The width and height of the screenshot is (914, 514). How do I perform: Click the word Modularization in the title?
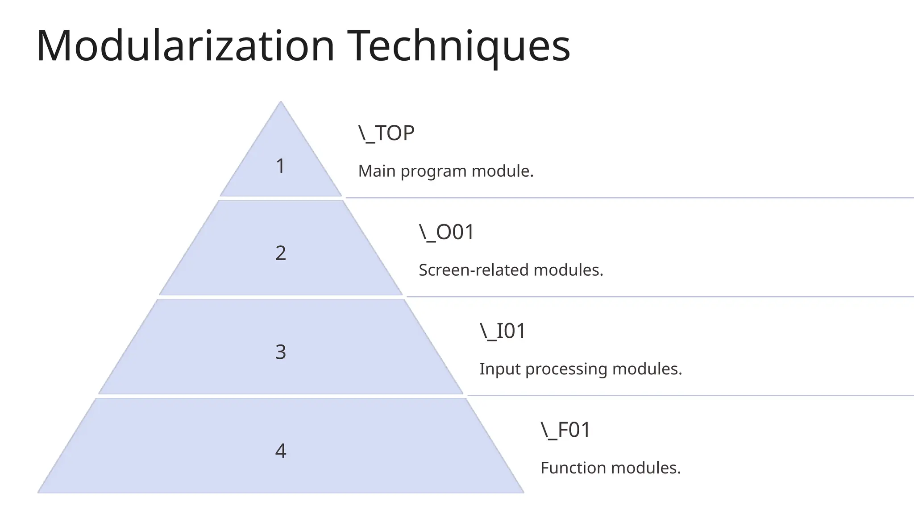[185, 46]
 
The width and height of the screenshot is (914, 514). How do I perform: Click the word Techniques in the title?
[458, 46]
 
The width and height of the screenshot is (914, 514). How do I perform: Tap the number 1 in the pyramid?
[280, 166]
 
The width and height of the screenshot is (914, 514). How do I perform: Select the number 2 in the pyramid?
[280, 253]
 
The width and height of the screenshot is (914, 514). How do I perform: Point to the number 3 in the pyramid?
[280, 352]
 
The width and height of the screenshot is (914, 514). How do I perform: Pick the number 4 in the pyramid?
[280, 451]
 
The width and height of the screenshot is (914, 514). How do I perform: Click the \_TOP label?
[386, 133]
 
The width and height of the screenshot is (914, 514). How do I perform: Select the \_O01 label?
[446, 232]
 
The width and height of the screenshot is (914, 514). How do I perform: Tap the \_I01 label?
[503, 331]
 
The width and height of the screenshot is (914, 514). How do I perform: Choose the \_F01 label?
[565, 430]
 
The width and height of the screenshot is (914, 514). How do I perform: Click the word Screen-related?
[474, 270]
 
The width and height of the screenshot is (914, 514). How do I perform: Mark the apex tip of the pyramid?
[281, 103]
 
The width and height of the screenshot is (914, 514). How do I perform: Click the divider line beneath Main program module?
[625, 198]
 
